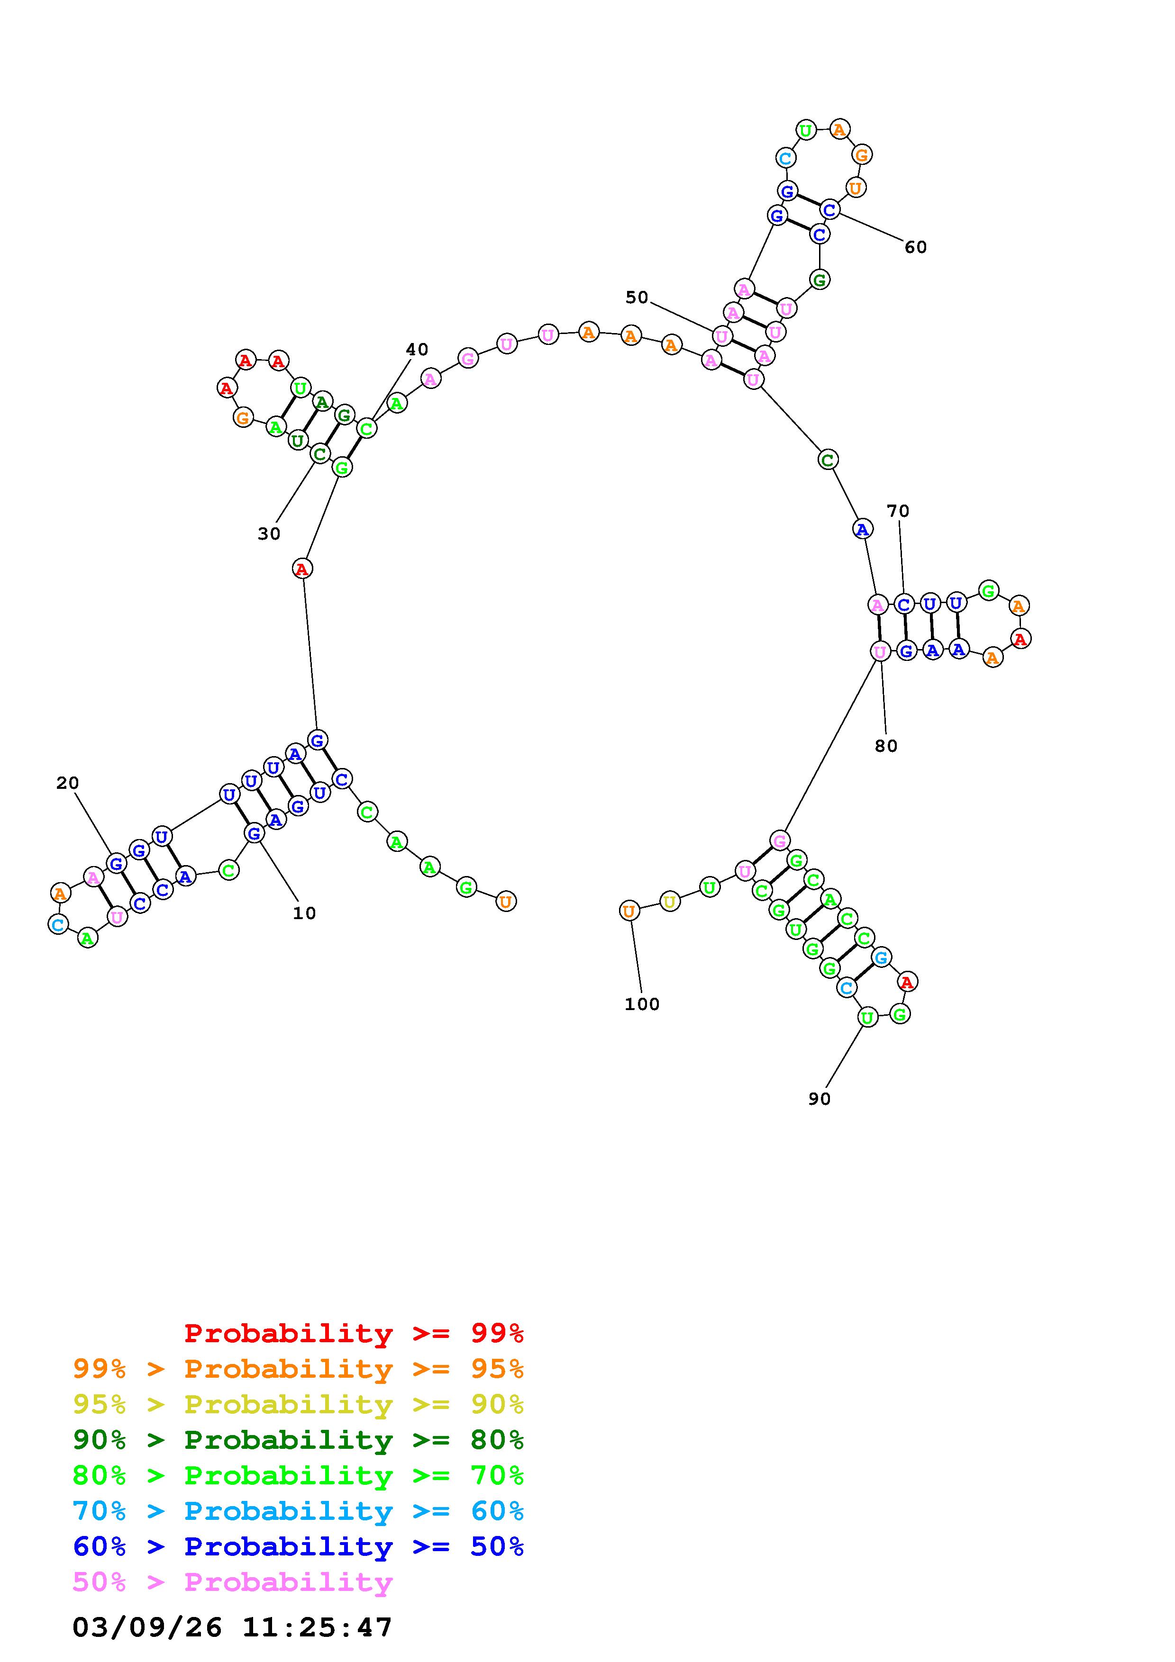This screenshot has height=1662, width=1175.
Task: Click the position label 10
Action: click(304, 913)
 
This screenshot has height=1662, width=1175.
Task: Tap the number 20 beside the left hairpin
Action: click(67, 783)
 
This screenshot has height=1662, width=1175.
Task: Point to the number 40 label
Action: click(417, 350)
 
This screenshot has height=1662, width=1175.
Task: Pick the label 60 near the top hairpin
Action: click(915, 248)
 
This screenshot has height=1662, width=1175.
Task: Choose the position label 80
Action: click(886, 746)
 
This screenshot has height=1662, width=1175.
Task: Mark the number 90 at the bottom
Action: click(819, 1099)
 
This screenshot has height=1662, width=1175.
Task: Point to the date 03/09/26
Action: click(147, 1628)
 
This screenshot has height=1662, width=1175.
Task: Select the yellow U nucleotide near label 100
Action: click(670, 902)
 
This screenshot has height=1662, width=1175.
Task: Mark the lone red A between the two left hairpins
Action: click(302, 569)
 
